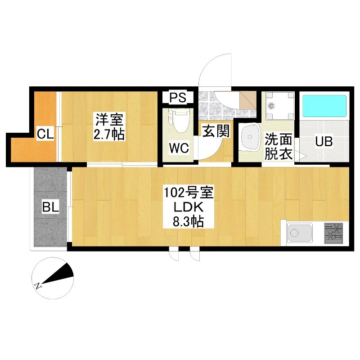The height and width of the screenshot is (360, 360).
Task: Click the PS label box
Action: pyautogui.click(x=178, y=97)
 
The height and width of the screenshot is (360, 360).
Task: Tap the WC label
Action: pyautogui.click(x=179, y=148)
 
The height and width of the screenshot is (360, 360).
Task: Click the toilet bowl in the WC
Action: pyautogui.click(x=180, y=121)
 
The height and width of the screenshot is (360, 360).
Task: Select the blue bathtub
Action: pyautogui.click(x=324, y=106)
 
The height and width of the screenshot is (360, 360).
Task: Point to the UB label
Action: pyautogui.click(x=324, y=141)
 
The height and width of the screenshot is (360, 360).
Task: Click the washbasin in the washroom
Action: pyautogui.click(x=250, y=137)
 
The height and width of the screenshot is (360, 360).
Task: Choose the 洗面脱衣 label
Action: pyautogui.click(x=279, y=146)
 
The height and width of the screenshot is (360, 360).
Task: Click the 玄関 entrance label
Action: pyautogui.click(x=216, y=131)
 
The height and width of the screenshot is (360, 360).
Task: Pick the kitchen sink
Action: pyautogui.click(x=300, y=233)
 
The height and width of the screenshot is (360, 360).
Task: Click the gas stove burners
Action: pyautogui.click(x=333, y=233)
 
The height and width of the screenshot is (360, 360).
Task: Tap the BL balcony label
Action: pyautogui.click(x=50, y=207)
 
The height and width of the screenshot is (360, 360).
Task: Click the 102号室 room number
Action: pyautogui.click(x=189, y=193)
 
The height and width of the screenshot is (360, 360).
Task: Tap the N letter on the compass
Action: pyautogui.click(x=38, y=286)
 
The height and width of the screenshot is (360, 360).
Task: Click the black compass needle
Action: pyautogui.click(x=58, y=274)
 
